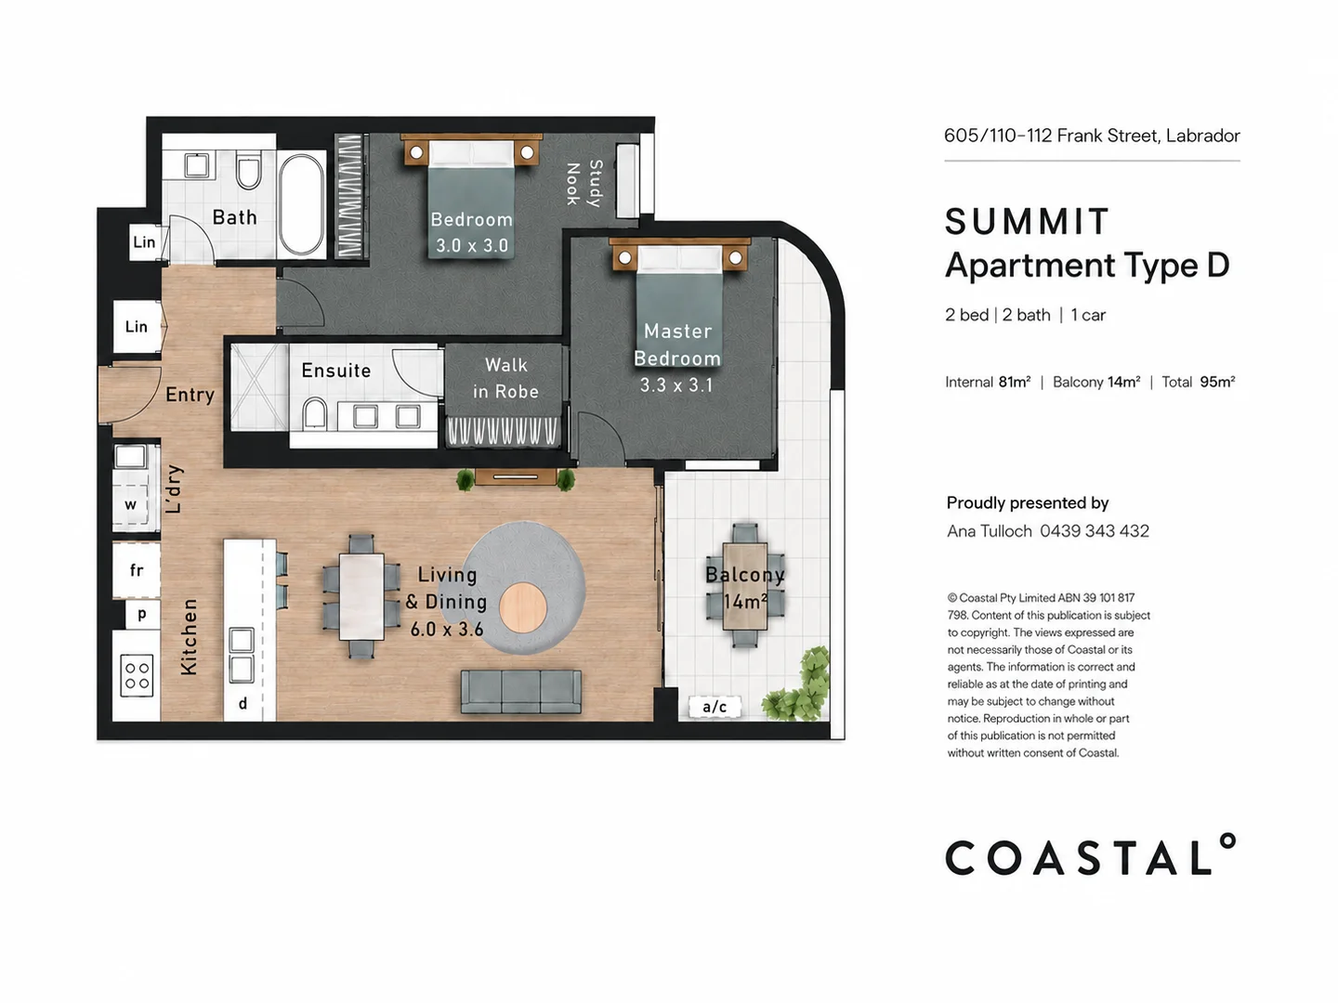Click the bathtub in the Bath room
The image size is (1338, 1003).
coord(302,204)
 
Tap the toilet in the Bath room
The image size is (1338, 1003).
coord(248,173)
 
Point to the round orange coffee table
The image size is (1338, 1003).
coord(522,606)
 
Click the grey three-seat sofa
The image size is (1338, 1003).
coord(520,691)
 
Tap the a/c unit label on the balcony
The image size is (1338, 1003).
coord(715,707)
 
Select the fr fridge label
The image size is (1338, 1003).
coord(137,570)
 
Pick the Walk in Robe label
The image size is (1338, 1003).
coord(506,378)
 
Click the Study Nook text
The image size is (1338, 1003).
coord(584,184)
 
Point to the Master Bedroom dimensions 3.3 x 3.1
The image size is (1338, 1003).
coord(676,384)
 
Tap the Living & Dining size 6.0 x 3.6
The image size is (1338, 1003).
coord(447,629)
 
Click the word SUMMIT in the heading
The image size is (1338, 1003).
coord(1026,221)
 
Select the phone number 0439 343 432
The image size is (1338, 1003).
coord(1095,531)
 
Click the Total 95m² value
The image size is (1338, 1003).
coord(1217,382)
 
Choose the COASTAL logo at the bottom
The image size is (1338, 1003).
coord(1091,854)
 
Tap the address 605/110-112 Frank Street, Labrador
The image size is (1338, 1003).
coord(1092,136)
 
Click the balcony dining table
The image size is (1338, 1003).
coord(744,586)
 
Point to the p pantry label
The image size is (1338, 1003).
coord(142,615)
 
